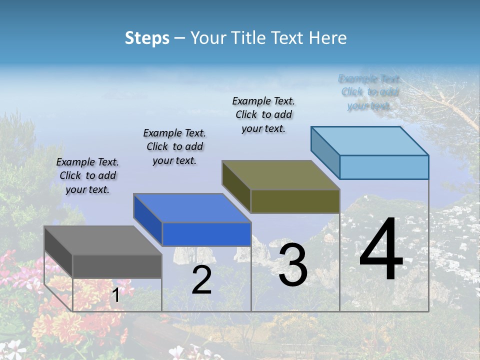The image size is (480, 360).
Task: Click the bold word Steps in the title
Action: click(x=147, y=38)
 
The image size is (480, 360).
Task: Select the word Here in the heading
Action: click(x=327, y=38)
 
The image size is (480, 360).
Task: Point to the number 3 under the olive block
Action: click(x=293, y=265)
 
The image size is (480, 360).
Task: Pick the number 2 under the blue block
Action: click(x=201, y=280)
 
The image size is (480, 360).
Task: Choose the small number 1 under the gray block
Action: click(x=115, y=295)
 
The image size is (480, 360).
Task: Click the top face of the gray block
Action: click(x=102, y=240)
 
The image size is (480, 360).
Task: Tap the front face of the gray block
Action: click(x=117, y=266)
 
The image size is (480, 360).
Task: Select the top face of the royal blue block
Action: click(x=192, y=208)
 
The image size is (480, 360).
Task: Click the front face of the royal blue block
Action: click(x=206, y=234)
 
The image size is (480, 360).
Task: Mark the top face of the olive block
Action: click(x=280, y=175)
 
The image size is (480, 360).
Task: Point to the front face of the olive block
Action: click(x=295, y=201)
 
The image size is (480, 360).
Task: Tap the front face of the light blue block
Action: click(x=384, y=167)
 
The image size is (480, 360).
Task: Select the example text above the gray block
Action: click(x=87, y=175)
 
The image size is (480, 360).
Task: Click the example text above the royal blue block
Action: click(x=174, y=146)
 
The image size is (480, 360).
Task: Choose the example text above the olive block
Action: click(x=263, y=114)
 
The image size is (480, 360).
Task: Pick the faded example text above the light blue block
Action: click(x=369, y=92)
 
